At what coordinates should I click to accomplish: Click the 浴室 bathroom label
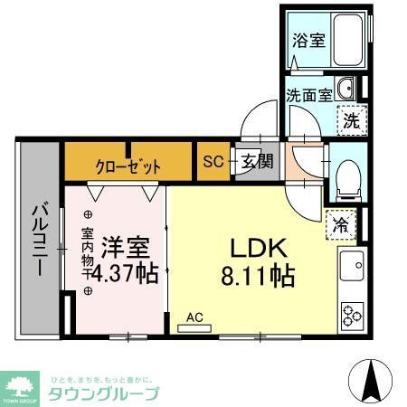pyautogui.click(x=310, y=41)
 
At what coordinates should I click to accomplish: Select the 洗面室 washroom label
pyautogui.click(x=308, y=94)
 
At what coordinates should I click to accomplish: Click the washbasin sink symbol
pyautogui.click(x=346, y=90)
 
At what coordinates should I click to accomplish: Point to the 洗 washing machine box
pyautogui.click(x=347, y=118)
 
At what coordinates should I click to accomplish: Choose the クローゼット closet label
pyautogui.click(x=128, y=166)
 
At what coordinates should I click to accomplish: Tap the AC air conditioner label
pyautogui.click(x=194, y=317)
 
